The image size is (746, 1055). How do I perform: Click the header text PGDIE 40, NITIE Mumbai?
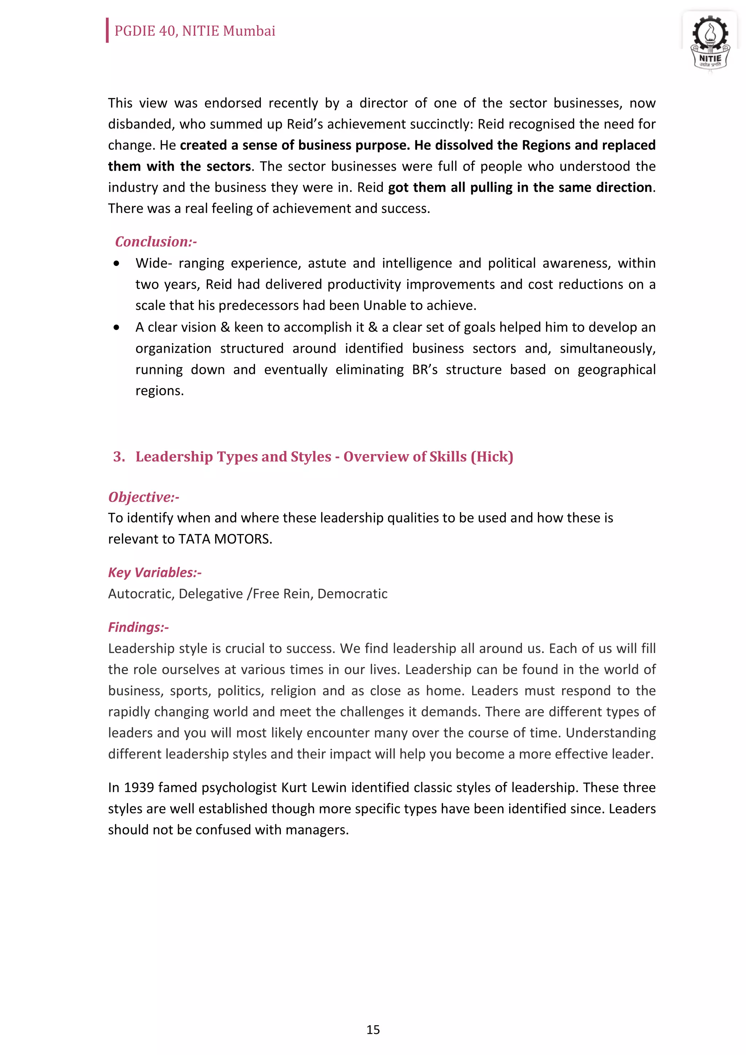pos(195,31)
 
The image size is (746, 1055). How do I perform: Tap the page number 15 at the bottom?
pos(373,1029)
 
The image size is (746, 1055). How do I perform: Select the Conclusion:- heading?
pos(156,241)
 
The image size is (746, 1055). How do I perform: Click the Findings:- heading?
pos(138,627)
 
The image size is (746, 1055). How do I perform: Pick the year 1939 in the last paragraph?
pos(139,787)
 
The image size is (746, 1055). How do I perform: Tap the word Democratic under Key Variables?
pos(352,594)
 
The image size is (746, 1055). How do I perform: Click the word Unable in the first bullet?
pos(384,305)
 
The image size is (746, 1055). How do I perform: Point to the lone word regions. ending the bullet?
pos(160,391)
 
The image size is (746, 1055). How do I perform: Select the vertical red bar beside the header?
pos(107,30)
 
